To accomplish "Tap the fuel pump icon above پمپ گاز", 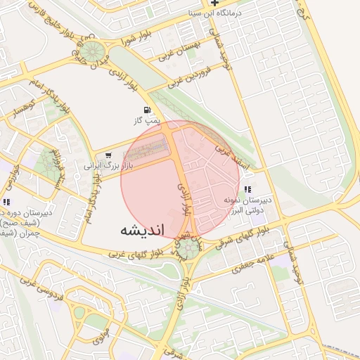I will point(146,110).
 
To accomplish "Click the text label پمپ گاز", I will point(148,122).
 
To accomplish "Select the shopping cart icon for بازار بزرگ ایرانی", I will point(107,155).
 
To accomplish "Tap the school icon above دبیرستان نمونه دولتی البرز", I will point(247,189).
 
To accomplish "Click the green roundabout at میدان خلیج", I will point(91,52).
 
